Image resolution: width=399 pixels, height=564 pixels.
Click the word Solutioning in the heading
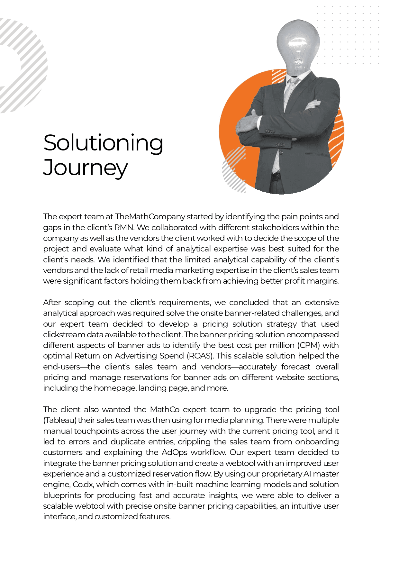click(103, 143)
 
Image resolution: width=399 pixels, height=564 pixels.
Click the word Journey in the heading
click(86, 168)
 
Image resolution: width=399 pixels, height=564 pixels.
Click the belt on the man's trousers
click(276, 176)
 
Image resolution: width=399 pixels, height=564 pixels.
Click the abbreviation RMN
click(124, 228)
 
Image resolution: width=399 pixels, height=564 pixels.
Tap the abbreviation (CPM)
click(309, 345)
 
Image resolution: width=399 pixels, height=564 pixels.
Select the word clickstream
click(63, 335)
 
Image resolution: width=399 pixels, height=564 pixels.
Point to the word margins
click(322, 281)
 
